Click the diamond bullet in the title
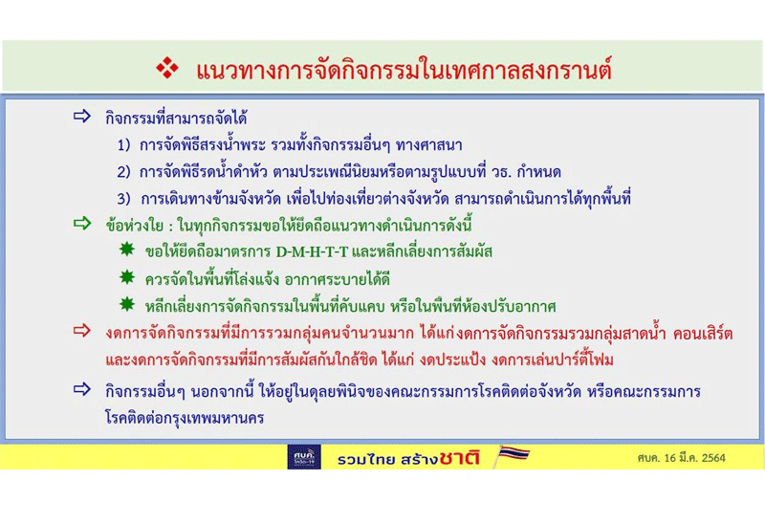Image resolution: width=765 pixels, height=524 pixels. (x=168, y=69)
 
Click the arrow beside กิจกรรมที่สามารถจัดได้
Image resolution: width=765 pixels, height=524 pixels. (x=82, y=118)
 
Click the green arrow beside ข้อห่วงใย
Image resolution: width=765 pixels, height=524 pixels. (x=82, y=226)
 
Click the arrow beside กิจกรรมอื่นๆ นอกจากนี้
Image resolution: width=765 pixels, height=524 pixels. (x=82, y=389)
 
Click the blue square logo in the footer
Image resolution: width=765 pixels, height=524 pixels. (x=304, y=457)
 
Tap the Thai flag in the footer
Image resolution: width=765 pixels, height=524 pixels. (x=511, y=456)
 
